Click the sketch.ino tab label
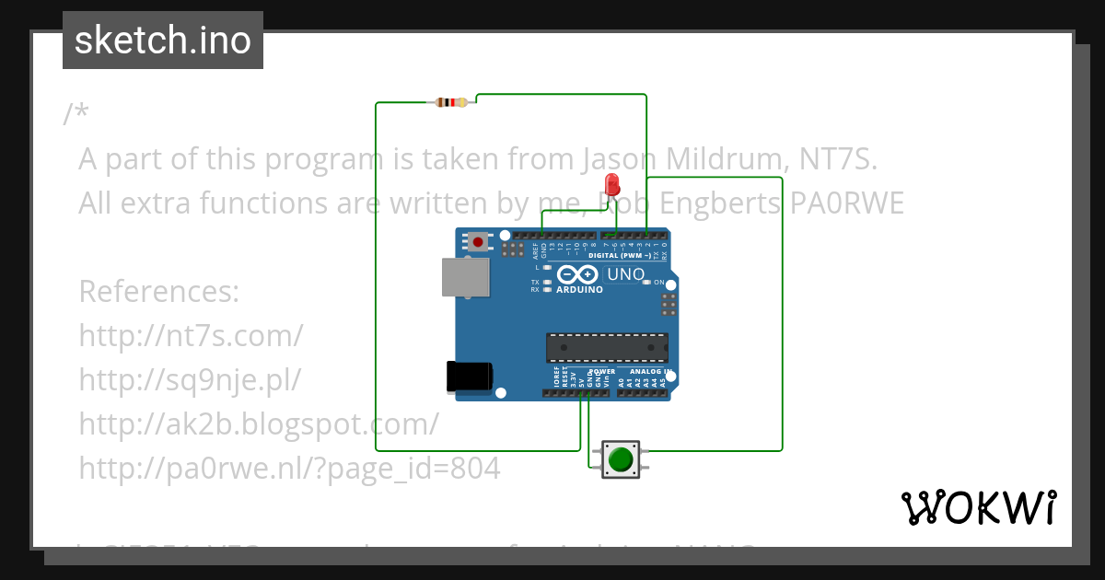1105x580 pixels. point(162,41)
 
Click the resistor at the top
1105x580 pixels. point(450,102)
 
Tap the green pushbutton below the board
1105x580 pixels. point(621,458)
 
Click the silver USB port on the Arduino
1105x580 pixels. point(465,276)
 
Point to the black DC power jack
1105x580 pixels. point(468,377)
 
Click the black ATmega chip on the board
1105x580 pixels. point(607,347)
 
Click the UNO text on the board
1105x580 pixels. point(625,274)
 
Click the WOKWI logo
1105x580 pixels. point(977,507)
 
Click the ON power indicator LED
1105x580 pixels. point(646,282)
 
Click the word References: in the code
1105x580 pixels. point(158,292)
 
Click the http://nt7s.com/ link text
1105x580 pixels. point(191,335)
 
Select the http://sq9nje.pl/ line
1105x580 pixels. point(190,379)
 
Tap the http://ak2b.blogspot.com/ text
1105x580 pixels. point(258,423)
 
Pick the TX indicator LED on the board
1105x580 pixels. point(548,282)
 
